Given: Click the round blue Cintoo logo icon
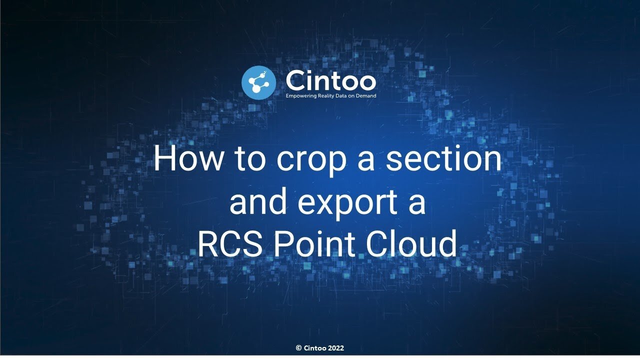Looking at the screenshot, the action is click(258, 83).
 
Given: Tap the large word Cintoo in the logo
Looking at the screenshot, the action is click(331, 80).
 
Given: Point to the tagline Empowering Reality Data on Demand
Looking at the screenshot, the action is click(331, 96).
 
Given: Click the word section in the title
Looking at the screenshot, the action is click(443, 159).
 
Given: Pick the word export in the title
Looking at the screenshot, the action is click(347, 204).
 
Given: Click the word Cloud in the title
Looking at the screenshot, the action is click(411, 243).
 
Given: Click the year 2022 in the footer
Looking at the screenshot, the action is click(336, 348).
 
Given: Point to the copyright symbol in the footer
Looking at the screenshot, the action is click(299, 348).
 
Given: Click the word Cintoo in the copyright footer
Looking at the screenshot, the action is click(315, 348).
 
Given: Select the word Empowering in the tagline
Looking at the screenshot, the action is click(301, 96).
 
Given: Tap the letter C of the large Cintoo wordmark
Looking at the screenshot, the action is click(295, 80).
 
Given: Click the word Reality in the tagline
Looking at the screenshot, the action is click(325, 96).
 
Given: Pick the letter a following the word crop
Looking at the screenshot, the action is click(366, 162).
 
